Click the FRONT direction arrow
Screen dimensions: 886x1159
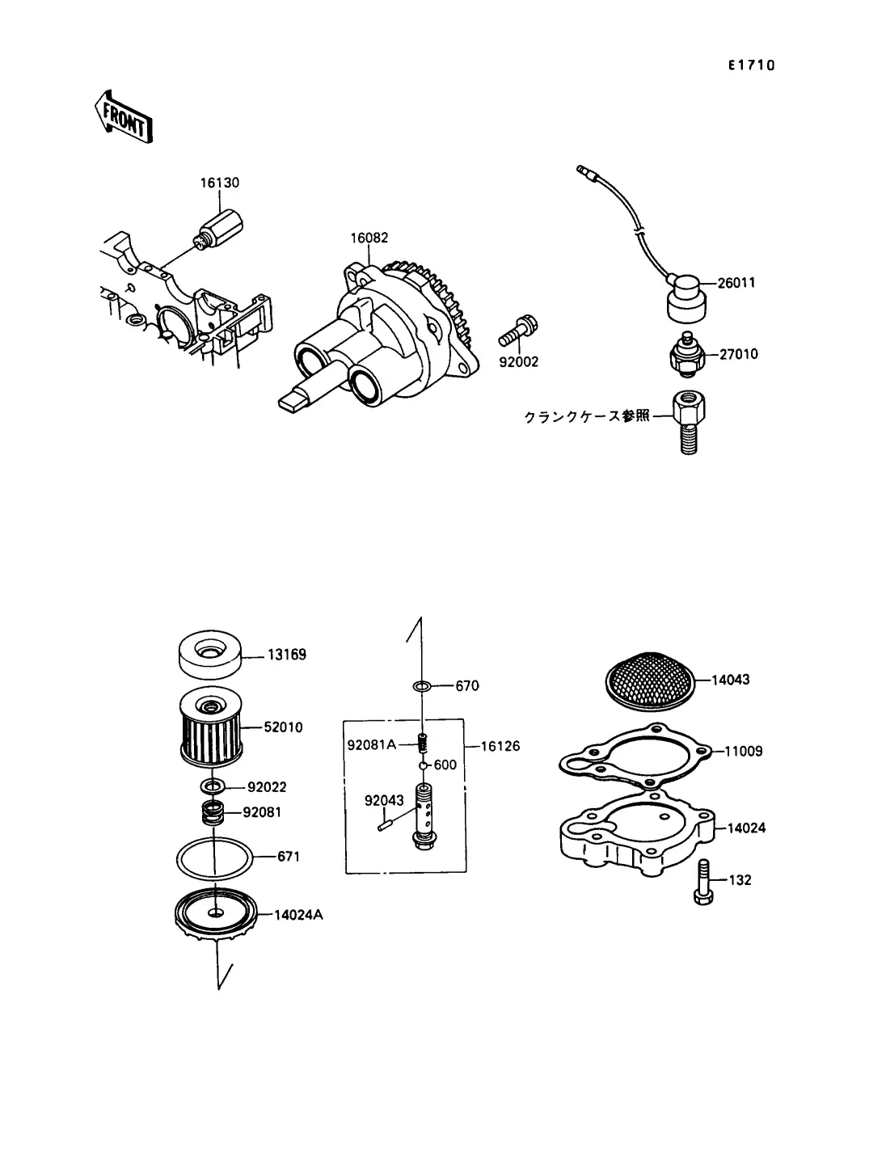(x=124, y=117)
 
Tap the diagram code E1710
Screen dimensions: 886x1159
(x=751, y=65)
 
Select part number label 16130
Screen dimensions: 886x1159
(x=220, y=183)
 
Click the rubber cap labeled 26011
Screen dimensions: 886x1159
(x=686, y=298)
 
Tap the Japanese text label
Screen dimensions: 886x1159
(x=587, y=416)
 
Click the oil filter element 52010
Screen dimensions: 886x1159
(x=211, y=726)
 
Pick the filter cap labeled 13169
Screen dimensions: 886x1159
(x=211, y=654)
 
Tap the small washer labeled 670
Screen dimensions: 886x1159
(x=422, y=686)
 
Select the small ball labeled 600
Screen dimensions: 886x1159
(x=423, y=765)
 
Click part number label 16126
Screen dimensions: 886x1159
(x=500, y=746)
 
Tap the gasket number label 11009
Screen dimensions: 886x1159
(x=744, y=751)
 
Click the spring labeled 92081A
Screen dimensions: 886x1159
(x=423, y=744)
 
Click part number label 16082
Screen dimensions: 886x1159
(x=369, y=238)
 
